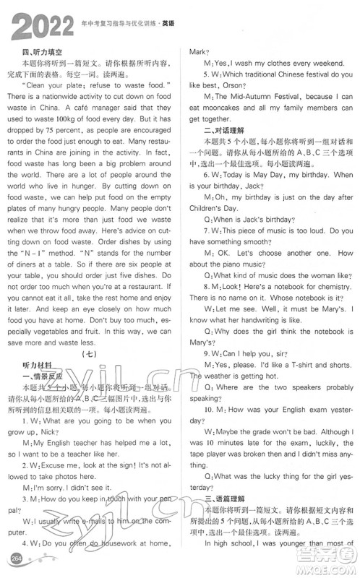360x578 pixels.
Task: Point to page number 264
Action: [15, 562]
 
